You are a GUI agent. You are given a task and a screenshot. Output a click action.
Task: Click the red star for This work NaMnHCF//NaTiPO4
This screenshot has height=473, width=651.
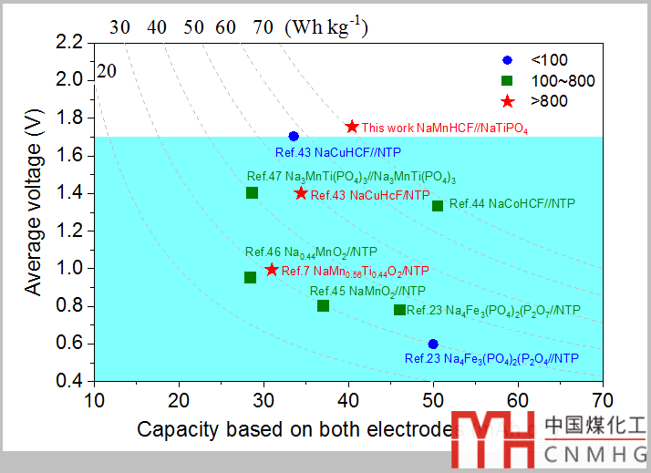(x=352, y=127)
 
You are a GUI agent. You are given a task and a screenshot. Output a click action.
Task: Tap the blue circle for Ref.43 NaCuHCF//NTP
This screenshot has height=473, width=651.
(x=294, y=136)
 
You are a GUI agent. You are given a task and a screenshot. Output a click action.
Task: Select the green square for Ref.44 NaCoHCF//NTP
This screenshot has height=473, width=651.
(x=438, y=205)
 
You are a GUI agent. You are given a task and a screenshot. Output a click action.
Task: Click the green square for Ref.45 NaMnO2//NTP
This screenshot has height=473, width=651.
(x=323, y=305)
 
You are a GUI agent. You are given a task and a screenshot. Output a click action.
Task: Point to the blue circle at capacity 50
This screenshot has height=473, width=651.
(x=433, y=344)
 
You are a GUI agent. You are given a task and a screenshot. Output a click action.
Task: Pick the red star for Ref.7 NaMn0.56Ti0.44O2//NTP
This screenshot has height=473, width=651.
(x=271, y=270)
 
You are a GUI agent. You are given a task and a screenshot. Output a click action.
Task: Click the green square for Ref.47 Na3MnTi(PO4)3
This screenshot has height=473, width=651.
(x=252, y=192)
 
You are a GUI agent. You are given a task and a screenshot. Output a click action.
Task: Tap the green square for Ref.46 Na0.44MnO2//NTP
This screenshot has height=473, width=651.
(x=250, y=277)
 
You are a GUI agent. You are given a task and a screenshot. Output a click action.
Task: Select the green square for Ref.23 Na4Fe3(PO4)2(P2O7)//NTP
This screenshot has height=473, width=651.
(x=399, y=310)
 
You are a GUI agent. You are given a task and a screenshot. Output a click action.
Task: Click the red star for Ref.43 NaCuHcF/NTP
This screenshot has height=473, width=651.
(x=301, y=193)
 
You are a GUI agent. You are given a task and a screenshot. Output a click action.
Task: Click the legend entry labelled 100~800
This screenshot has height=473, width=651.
(x=547, y=80)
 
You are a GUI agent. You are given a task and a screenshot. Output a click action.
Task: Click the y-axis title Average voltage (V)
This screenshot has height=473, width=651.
(x=34, y=208)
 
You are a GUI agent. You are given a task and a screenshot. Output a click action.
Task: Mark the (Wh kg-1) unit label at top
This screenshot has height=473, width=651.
(x=326, y=26)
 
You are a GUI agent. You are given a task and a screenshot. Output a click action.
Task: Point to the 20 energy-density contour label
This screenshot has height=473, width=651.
(x=107, y=71)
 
